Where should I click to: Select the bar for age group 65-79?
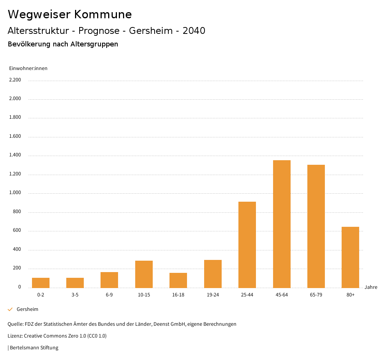coord(316,226)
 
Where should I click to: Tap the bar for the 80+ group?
coord(350,257)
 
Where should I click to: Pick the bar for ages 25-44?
coord(247,245)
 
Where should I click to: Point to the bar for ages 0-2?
coord(41,283)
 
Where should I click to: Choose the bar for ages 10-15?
coord(144,274)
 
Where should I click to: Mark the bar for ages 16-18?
coord(178,280)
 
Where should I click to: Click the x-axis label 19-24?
coord(213,295)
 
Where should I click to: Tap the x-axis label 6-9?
coord(109,295)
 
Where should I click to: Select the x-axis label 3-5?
coord(75,295)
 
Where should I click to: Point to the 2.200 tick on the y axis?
coord(15,80)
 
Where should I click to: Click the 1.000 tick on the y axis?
coord(15,193)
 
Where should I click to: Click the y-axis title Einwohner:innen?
coord(28,68)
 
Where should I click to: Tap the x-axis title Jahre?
coord(371,287)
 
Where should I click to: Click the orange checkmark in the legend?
coord(10,309)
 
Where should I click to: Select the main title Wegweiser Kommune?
coord(70,14)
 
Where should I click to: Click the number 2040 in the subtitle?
coord(194,31)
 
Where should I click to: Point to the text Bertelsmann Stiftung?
coord(34,348)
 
